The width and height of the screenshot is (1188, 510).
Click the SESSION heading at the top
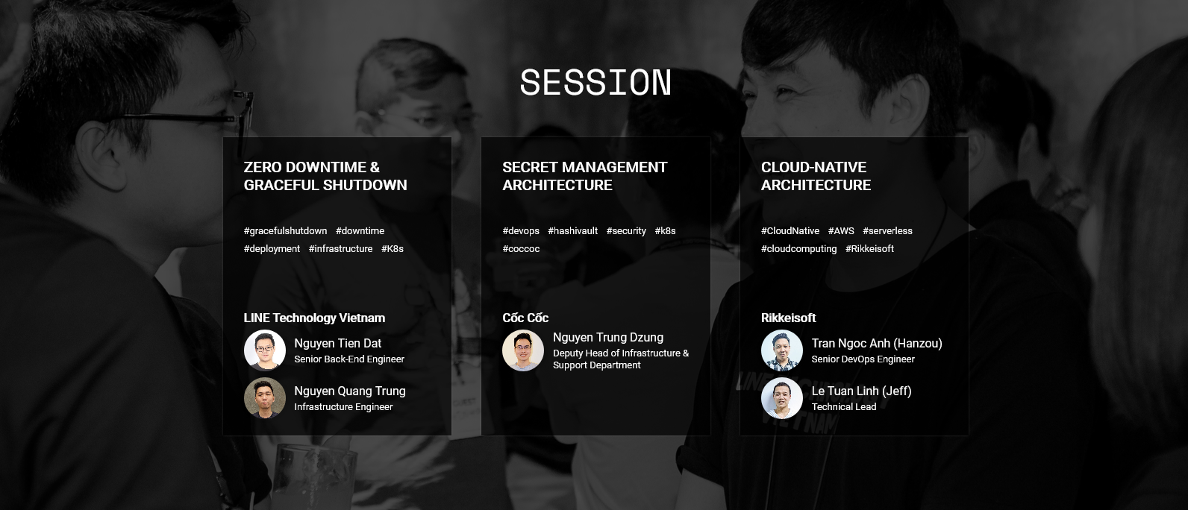(x=595, y=83)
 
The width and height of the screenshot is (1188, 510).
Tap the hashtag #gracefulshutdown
(x=285, y=231)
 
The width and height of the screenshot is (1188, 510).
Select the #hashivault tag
(x=573, y=231)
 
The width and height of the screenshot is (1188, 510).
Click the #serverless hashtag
(x=887, y=231)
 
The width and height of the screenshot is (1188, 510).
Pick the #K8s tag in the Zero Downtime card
(x=393, y=248)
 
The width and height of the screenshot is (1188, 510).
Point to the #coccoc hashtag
(x=521, y=248)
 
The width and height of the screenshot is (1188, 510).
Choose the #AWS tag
(x=841, y=231)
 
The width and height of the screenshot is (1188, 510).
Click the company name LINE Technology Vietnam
(x=314, y=318)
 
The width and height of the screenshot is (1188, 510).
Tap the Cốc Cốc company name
(x=525, y=318)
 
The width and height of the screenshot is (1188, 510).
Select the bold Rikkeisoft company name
(x=788, y=318)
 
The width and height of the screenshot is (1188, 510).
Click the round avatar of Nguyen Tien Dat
(x=265, y=350)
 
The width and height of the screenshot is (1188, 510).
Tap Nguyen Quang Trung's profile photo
(x=265, y=398)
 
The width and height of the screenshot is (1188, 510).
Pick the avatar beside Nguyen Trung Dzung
(x=523, y=350)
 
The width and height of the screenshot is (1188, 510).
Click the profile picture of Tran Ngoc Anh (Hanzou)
(x=782, y=350)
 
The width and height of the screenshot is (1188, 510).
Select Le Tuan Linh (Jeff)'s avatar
(x=782, y=398)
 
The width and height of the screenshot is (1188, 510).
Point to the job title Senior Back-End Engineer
(x=349, y=359)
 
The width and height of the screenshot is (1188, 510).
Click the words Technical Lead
(x=844, y=407)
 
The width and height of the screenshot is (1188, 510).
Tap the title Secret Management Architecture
(x=584, y=176)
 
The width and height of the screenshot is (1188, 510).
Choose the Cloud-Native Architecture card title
(x=816, y=176)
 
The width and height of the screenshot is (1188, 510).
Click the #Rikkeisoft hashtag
(x=869, y=248)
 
